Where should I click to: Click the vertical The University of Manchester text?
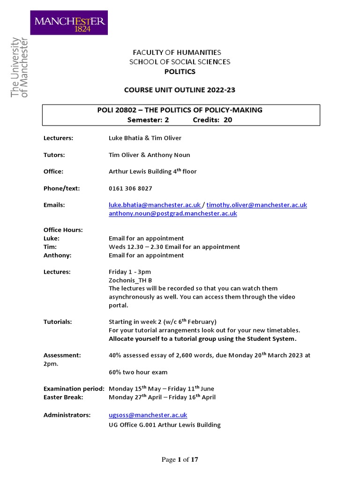(19, 68)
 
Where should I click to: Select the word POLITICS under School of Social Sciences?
(180, 72)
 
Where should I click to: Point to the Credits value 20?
(228, 120)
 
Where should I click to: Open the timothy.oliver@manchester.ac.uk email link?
(257, 205)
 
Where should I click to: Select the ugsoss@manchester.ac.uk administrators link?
(148, 415)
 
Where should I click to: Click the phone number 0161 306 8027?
(130, 188)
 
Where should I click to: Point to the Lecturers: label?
(58, 138)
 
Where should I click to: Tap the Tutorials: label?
(58, 322)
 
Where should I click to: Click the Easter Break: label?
(63, 397)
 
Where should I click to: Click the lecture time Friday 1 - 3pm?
(130, 271)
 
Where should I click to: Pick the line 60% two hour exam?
(138, 372)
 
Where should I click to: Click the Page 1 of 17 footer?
(180, 460)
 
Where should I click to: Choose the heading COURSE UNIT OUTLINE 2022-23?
(180, 90)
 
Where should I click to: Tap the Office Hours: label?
(63, 230)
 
